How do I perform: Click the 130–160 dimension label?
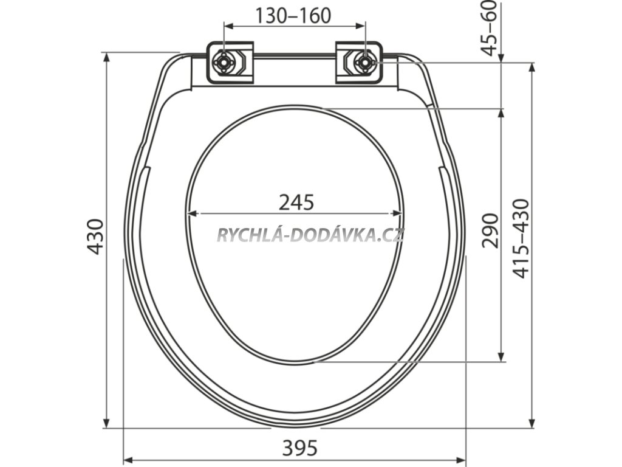[293, 16]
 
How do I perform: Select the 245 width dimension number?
[296, 202]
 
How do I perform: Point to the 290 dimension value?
[490, 230]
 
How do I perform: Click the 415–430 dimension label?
[521, 238]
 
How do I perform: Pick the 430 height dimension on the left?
[95, 237]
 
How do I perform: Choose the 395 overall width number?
[300, 448]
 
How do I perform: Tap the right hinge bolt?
[363, 63]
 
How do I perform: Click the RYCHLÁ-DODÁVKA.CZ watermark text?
[310, 235]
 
